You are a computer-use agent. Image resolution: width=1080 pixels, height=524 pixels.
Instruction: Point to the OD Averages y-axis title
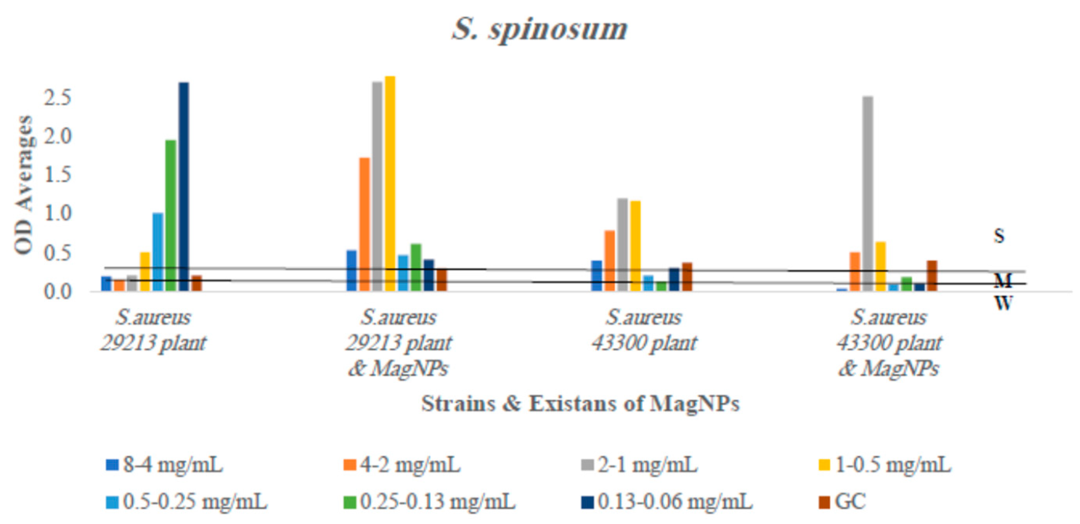click(24, 184)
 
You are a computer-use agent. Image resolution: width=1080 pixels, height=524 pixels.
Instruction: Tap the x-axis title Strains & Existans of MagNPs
click(580, 404)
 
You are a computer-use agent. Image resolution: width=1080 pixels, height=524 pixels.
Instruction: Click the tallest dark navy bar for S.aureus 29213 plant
click(184, 186)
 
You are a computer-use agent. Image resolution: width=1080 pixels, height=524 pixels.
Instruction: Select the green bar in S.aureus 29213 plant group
click(171, 215)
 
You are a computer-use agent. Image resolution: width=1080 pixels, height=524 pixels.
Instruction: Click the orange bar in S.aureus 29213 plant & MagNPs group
click(365, 224)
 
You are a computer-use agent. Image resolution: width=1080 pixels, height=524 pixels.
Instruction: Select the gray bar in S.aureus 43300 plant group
click(622, 244)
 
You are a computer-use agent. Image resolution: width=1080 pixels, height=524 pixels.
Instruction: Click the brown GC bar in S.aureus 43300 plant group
click(687, 277)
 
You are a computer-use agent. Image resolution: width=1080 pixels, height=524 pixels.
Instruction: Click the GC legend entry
click(843, 501)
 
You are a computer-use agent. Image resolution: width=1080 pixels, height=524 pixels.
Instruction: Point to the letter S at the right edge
click(999, 236)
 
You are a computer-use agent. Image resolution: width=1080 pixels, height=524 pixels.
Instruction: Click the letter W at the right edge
click(1003, 303)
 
